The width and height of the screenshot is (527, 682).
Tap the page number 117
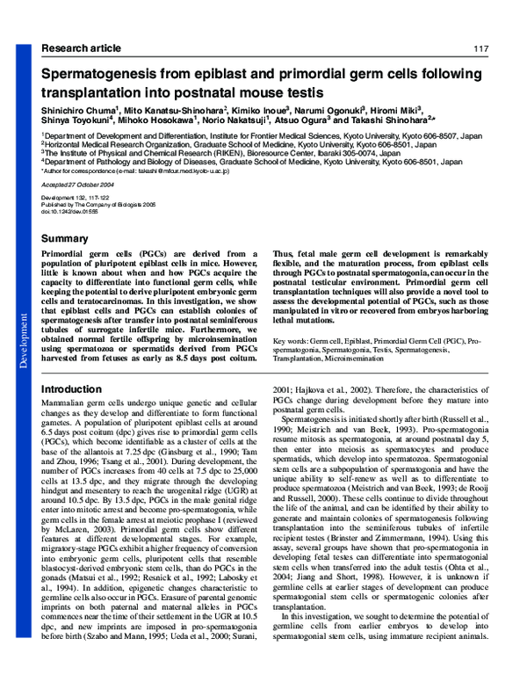click(x=480, y=47)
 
